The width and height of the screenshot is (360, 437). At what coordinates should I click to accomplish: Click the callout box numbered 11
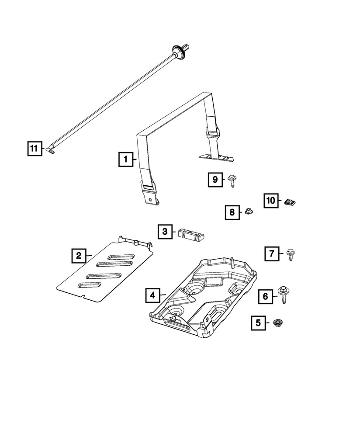(x=34, y=149)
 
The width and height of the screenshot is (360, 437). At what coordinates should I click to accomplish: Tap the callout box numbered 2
(x=79, y=255)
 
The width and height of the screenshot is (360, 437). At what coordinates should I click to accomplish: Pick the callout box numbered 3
(x=165, y=232)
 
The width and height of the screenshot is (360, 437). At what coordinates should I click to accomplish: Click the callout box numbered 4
(x=152, y=296)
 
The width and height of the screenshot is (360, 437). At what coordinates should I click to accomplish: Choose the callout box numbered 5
(x=258, y=323)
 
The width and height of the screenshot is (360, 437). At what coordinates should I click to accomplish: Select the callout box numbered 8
(x=232, y=212)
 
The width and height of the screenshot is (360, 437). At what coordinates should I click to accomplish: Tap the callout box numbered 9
(x=215, y=180)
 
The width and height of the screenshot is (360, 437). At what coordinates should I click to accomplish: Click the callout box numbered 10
(x=271, y=201)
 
